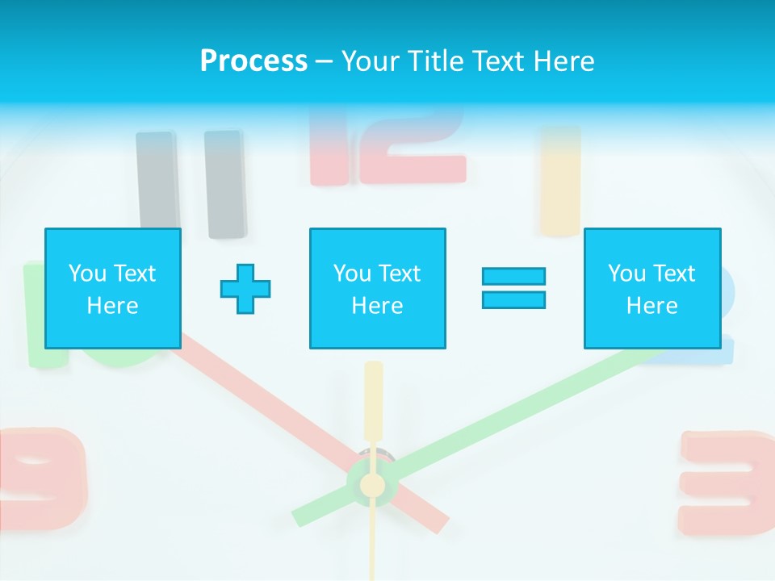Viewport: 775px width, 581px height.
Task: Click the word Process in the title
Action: (x=253, y=61)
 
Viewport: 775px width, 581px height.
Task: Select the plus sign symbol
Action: (x=245, y=289)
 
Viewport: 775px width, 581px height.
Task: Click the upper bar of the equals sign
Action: (x=513, y=276)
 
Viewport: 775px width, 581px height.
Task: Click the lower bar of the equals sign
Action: (x=513, y=299)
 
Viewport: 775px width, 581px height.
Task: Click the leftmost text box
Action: (x=112, y=288)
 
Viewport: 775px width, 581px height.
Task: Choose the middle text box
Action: (x=377, y=288)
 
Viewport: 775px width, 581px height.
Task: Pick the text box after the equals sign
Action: (x=651, y=288)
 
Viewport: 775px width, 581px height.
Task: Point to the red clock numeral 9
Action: (x=44, y=476)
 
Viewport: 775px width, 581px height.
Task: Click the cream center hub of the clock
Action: (x=372, y=485)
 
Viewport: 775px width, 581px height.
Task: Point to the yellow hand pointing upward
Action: (x=373, y=399)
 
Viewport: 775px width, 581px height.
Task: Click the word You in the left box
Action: (x=87, y=273)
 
